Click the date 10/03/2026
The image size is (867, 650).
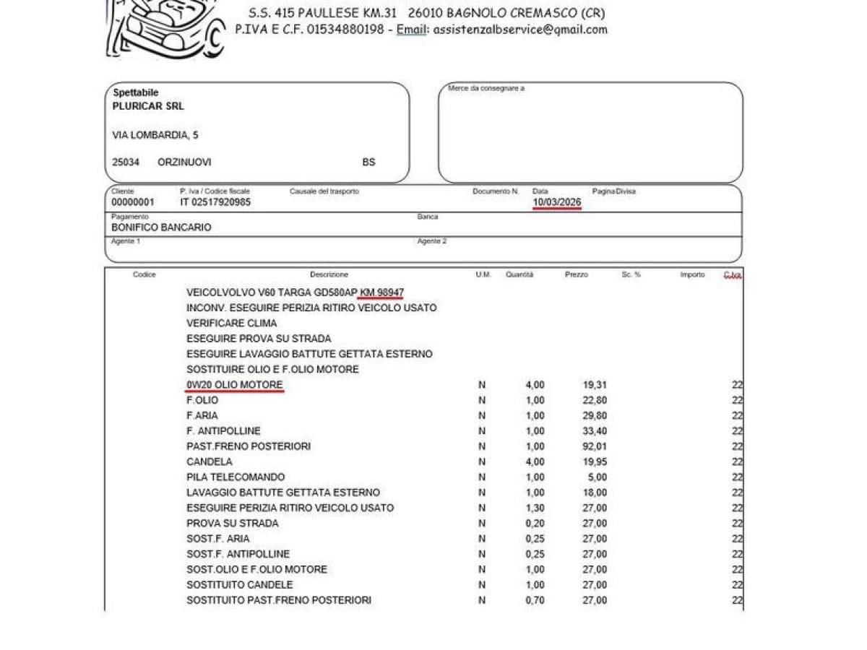click(x=556, y=202)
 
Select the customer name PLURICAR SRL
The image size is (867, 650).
click(x=148, y=106)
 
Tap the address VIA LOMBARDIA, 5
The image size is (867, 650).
click(x=155, y=135)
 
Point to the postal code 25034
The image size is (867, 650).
click(x=126, y=162)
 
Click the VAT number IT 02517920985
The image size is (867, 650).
click(x=215, y=202)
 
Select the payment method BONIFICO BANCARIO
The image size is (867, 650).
click(x=161, y=227)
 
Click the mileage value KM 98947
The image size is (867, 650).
click(x=382, y=292)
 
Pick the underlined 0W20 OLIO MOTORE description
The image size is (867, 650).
click(x=234, y=385)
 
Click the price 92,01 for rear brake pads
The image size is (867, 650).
click(x=595, y=446)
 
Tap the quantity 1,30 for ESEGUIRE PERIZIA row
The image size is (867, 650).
click(x=535, y=508)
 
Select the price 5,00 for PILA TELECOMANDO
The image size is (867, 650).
click(x=598, y=477)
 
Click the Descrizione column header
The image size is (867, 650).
click(x=329, y=274)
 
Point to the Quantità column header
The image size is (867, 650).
click(x=519, y=274)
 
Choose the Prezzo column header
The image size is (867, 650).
click(x=576, y=274)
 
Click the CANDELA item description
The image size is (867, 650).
click(x=210, y=461)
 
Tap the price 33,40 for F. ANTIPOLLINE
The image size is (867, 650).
click(x=595, y=431)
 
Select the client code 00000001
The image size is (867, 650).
click(x=132, y=202)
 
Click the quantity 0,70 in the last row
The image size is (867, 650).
click(x=535, y=600)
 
